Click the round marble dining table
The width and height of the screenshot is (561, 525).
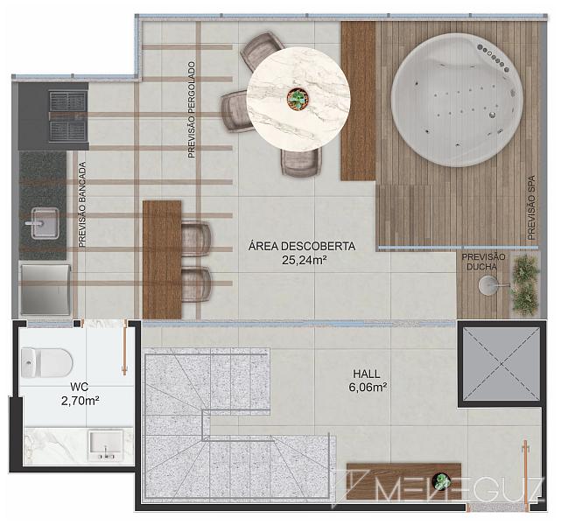(x=298, y=98)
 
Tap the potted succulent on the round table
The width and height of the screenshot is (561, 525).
(x=298, y=98)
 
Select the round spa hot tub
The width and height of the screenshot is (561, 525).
(x=457, y=100)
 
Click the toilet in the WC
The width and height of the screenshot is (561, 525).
(x=46, y=362)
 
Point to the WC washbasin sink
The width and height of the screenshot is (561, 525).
(x=106, y=445)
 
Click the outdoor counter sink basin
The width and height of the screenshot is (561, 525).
(x=45, y=223)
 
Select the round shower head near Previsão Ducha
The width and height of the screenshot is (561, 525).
(x=488, y=285)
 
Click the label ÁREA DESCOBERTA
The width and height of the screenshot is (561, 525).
(x=302, y=247)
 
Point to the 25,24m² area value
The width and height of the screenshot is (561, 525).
(x=304, y=260)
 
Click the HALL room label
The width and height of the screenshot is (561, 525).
(x=367, y=374)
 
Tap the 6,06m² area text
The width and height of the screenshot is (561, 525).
(x=368, y=388)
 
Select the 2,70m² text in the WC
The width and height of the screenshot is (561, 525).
(x=81, y=401)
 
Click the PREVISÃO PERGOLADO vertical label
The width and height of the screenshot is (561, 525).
(x=193, y=109)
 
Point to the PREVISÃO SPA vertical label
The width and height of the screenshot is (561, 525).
(x=531, y=207)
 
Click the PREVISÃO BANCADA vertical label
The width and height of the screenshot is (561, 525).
(x=82, y=205)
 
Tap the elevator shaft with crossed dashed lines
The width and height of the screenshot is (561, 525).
(x=501, y=364)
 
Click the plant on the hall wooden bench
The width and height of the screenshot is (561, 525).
(x=441, y=480)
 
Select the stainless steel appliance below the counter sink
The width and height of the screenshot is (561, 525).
(x=46, y=290)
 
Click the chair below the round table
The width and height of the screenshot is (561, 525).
(x=300, y=163)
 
